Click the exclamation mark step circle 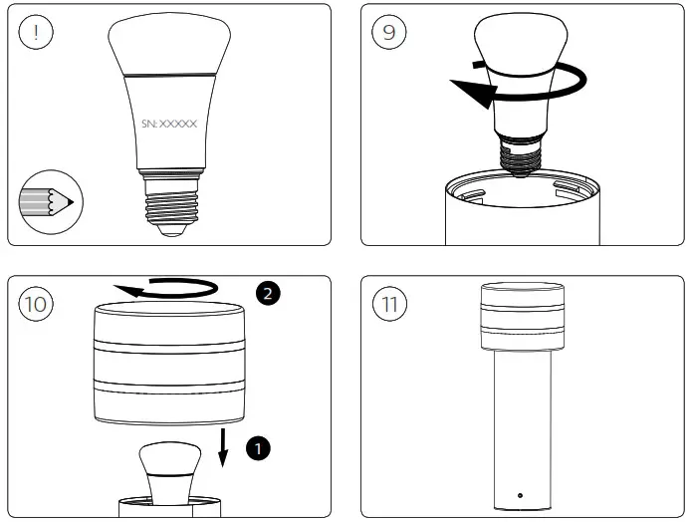coord(36,32)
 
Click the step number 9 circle coord(387,32)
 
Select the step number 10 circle coord(36,304)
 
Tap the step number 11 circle coord(387,304)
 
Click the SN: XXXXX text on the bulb coord(169,125)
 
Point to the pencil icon coord(45,203)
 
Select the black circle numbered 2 coord(266,292)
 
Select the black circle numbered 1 coord(258,450)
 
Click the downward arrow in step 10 coord(224,448)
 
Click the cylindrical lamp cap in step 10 coord(168,364)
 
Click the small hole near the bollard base coord(520,494)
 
